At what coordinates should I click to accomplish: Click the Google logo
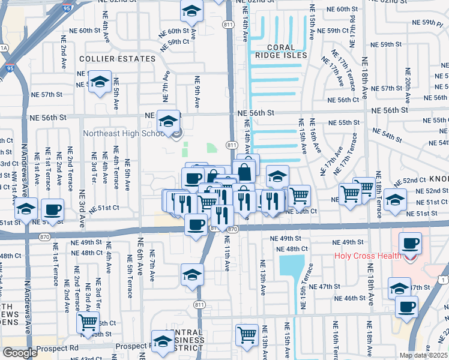point(20,353)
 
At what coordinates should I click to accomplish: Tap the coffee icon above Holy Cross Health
point(410,244)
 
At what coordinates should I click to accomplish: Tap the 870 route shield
point(234,229)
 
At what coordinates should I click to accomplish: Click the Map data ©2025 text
point(424,355)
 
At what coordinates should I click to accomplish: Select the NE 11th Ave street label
point(228,255)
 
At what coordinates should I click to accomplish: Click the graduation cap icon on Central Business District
point(162,341)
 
